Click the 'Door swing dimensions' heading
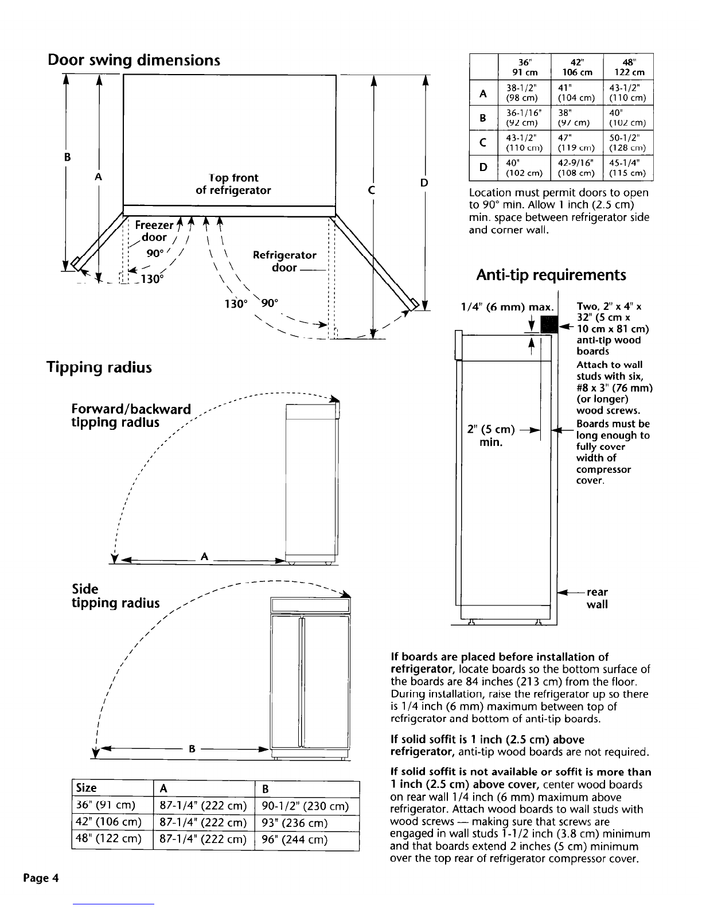(134, 60)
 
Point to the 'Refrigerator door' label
(284, 261)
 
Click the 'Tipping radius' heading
(99, 367)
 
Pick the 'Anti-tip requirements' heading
(551, 275)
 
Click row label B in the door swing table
(483, 118)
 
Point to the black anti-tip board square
(548, 324)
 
